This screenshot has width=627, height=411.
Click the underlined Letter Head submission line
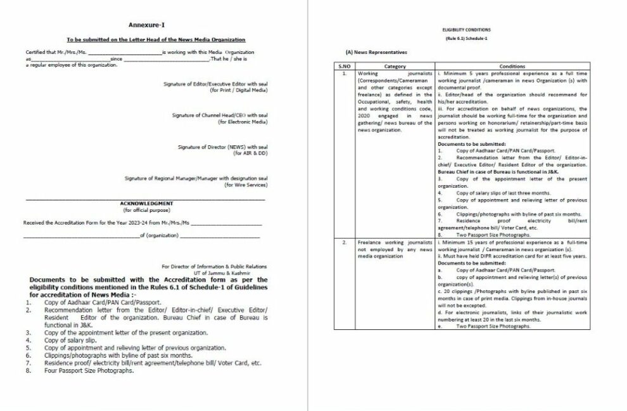point(156,39)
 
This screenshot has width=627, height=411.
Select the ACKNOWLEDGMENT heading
point(146,204)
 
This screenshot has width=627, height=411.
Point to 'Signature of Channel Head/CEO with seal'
point(220,115)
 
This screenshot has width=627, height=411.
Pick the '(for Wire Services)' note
point(246,185)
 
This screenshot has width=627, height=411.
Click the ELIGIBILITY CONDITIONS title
point(466,30)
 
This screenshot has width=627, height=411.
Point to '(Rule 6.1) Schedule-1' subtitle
point(466,39)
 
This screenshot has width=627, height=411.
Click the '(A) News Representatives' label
point(376,51)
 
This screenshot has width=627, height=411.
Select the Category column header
point(395,66)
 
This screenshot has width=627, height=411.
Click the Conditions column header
point(512,66)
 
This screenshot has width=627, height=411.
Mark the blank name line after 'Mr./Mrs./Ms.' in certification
point(125,51)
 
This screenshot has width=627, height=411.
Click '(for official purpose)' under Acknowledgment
point(146,210)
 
